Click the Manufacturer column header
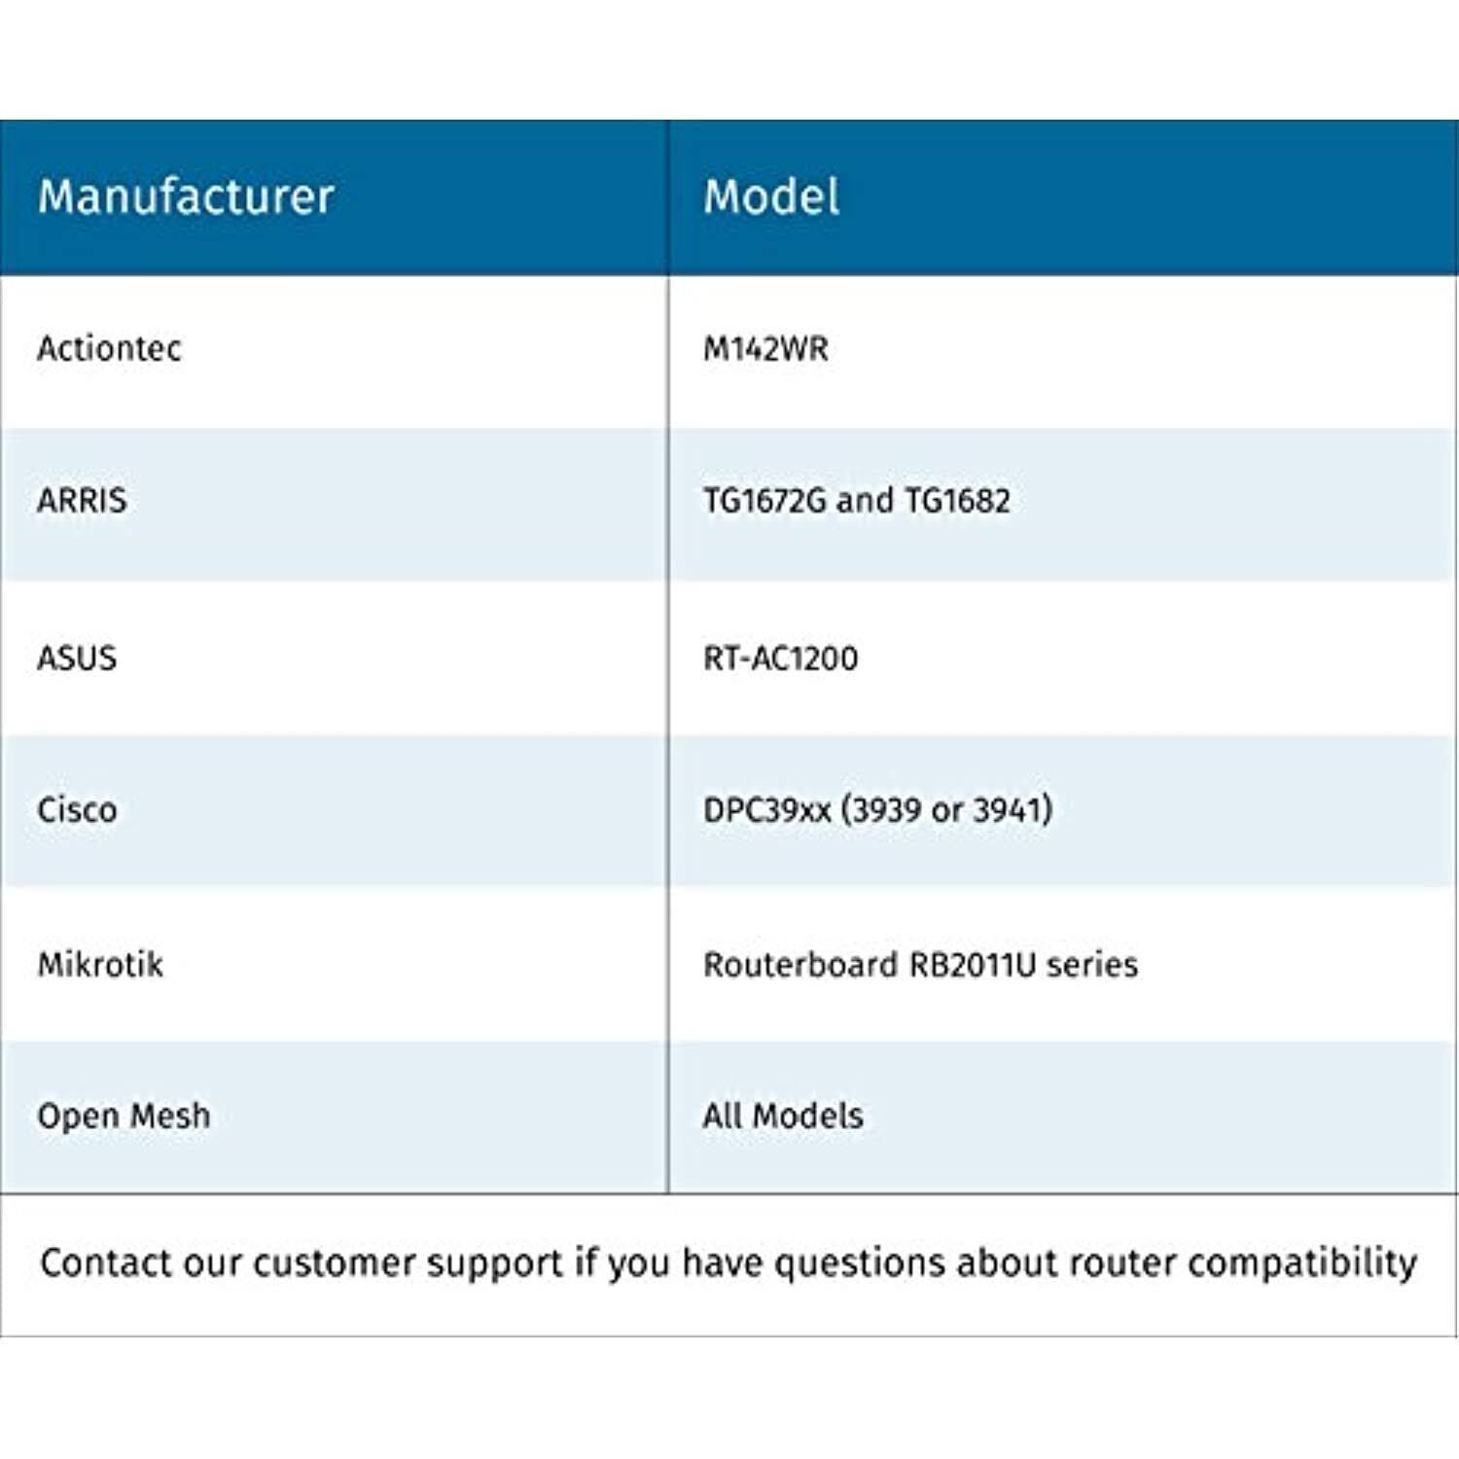click(x=186, y=196)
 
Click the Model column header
click(x=771, y=196)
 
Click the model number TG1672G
click(x=765, y=500)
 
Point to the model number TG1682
click(x=957, y=500)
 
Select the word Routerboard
click(x=801, y=964)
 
